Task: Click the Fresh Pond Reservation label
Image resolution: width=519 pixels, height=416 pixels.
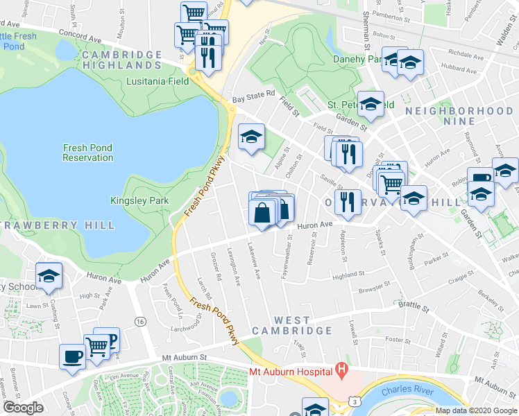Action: pos(87,153)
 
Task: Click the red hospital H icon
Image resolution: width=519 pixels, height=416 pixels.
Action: pos(341,371)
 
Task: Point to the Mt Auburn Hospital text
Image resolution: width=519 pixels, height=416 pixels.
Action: pos(289,372)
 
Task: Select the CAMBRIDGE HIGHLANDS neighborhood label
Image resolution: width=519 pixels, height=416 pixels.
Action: pos(121,60)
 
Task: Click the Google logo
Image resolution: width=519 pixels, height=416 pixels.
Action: pos(23,408)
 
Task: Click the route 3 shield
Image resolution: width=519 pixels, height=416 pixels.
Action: pos(354,401)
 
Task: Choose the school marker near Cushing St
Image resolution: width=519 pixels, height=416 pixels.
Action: pos(49,276)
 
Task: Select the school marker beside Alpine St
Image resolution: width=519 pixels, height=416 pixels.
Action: pos(251,136)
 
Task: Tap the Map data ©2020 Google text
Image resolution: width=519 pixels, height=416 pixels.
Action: pos(476,410)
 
